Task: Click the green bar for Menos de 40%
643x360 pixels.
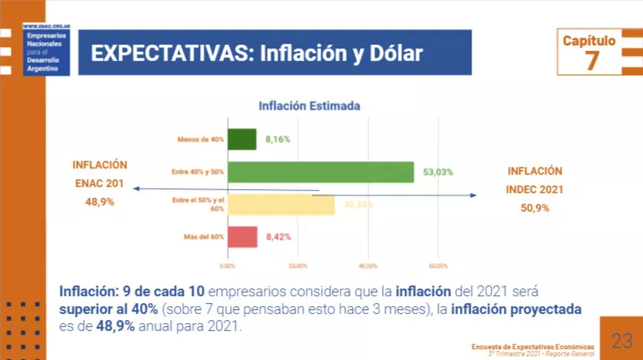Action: pyautogui.click(x=242, y=139)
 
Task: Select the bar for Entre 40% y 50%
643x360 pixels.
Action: pyautogui.click(x=321, y=172)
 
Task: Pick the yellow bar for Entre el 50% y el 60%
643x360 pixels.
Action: pyautogui.click(x=281, y=205)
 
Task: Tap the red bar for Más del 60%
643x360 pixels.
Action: pyautogui.click(x=242, y=237)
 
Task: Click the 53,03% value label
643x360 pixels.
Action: pyautogui.click(x=438, y=172)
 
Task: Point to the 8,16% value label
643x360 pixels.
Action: pyautogui.click(x=278, y=140)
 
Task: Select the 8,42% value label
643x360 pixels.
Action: pyautogui.click(x=278, y=237)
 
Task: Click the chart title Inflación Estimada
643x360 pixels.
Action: pyautogui.click(x=309, y=106)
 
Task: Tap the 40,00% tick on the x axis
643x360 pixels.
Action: pyautogui.click(x=368, y=265)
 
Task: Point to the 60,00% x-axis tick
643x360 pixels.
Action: pyautogui.click(x=438, y=265)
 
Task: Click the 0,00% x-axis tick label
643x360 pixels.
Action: pyautogui.click(x=228, y=265)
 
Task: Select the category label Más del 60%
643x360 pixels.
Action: pyautogui.click(x=204, y=237)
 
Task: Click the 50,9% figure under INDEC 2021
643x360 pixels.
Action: pyautogui.click(x=535, y=208)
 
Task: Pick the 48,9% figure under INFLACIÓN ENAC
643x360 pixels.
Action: pyautogui.click(x=99, y=202)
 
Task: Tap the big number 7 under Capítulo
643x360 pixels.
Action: pyautogui.click(x=591, y=61)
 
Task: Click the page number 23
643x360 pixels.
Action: pyautogui.click(x=621, y=341)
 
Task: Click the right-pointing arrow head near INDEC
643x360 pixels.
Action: pyautogui.click(x=474, y=195)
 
